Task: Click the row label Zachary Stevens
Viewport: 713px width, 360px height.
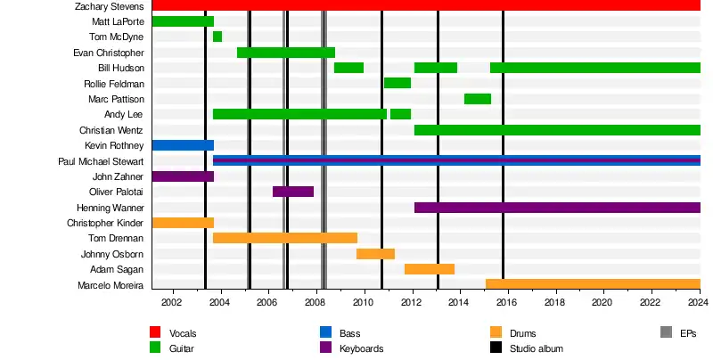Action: (110, 6)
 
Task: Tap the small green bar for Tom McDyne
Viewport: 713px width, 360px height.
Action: (217, 37)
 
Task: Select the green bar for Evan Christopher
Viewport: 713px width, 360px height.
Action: (286, 53)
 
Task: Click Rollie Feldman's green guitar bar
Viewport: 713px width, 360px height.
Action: (397, 83)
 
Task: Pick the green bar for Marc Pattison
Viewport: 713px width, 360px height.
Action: (478, 99)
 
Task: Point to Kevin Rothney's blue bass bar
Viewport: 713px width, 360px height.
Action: (183, 145)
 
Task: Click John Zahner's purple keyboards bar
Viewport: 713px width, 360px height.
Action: (183, 176)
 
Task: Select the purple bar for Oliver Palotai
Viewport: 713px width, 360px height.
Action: (293, 192)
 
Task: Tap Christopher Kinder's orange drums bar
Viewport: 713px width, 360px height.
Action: (183, 223)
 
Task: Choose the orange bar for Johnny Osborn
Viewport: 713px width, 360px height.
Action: (375, 254)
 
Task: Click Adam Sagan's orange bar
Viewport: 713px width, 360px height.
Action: (430, 269)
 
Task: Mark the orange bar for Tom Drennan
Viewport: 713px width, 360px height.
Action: (285, 238)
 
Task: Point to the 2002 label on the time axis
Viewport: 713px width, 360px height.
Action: (172, 303)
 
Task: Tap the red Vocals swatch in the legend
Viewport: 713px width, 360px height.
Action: (155, 332)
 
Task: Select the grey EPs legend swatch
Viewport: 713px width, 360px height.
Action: (666, 332)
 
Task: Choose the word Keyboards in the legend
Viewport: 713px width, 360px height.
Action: (361, 348)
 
